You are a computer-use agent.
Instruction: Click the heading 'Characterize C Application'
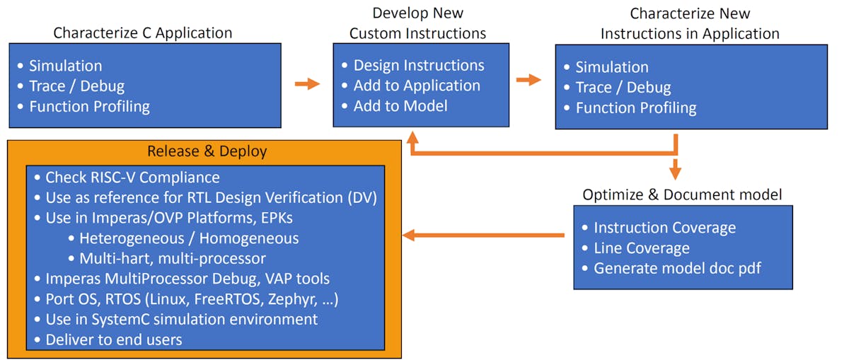click(143, 33)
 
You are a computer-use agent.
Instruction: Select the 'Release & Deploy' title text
click(207, 151)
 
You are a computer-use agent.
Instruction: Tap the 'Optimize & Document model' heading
click(682, 194)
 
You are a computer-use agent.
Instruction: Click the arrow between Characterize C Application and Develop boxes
click(307, 84)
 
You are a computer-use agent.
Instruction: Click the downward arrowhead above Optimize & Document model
click(676, 173)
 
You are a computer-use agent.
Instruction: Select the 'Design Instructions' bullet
click(419, 65)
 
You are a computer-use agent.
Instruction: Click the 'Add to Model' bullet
click(400, 106)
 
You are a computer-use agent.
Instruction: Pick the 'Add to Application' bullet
click(417, 86)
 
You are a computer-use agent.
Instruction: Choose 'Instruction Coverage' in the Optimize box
click(664, 228)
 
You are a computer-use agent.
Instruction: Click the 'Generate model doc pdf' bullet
click(677, 269)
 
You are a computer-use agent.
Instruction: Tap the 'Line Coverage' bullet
click(641, 248)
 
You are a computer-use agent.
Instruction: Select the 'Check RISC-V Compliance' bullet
click(132, 178)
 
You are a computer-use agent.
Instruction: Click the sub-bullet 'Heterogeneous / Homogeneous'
click(189, 238)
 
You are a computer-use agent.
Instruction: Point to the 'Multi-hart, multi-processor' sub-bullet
click(173, 259)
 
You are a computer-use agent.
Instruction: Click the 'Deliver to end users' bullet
click(114, 339)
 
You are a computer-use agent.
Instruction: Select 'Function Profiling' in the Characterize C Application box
click(89, 107)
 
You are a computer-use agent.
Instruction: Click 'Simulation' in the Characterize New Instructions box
click(611, 67)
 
